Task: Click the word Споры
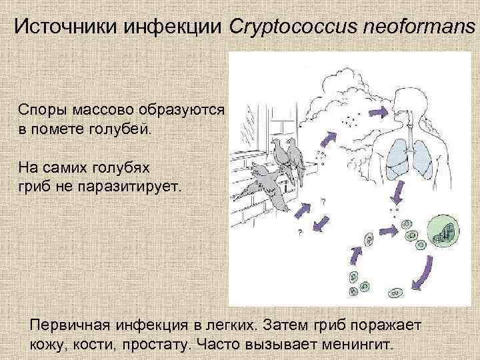(43, 109)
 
